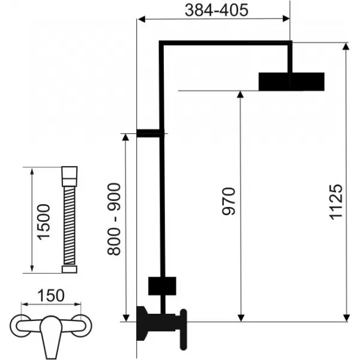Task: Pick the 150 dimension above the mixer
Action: (50, 296)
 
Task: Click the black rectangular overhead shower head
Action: (292, 82)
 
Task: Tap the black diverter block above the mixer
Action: (162, 286)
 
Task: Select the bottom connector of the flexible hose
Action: (68, 269)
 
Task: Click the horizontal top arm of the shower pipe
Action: (225, 43)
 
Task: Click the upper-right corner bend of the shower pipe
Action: (290, 44)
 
